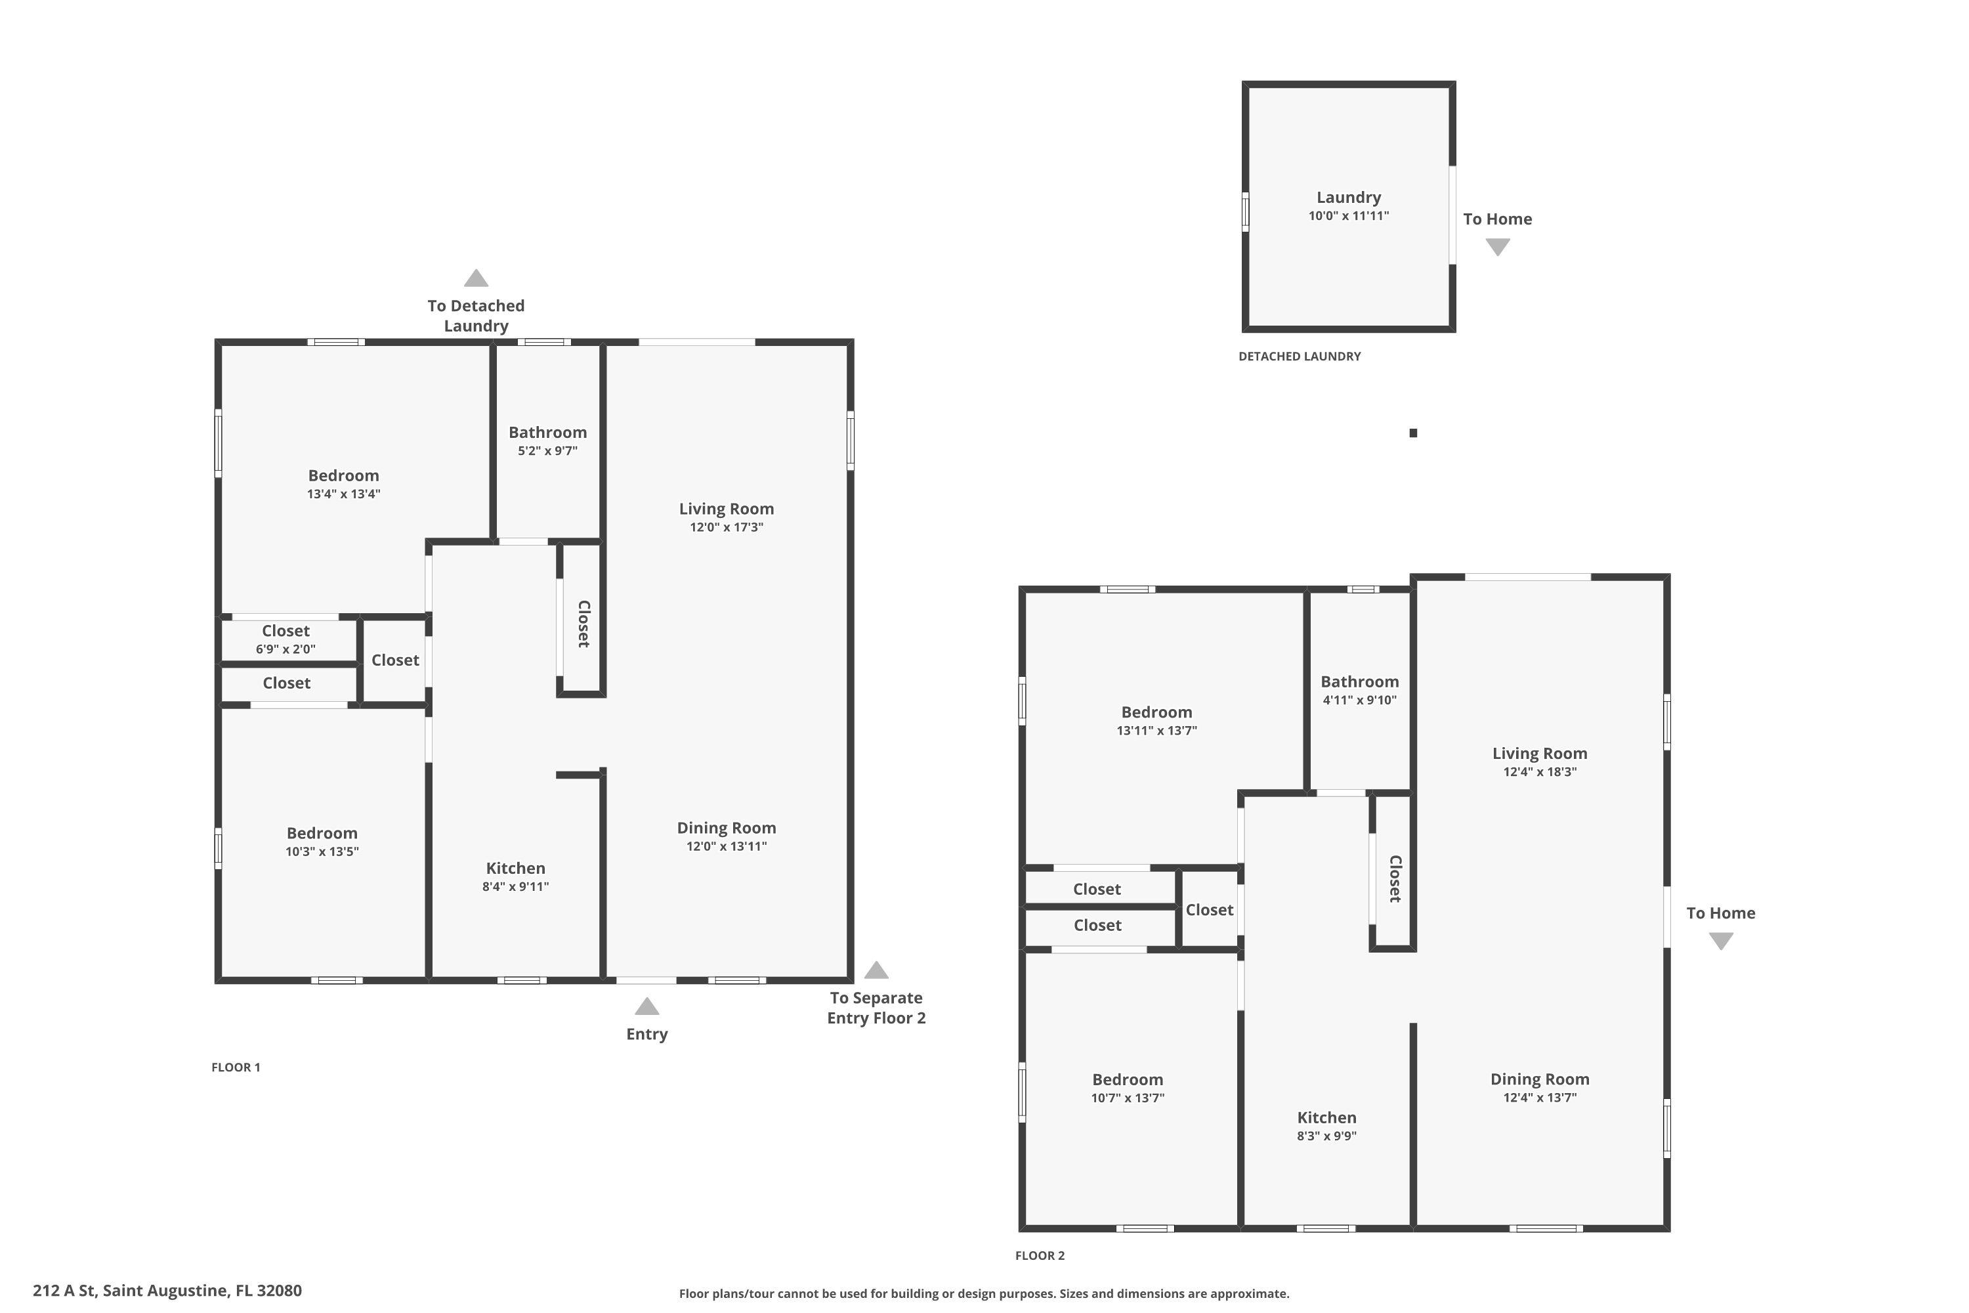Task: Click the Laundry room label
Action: [1348, 198]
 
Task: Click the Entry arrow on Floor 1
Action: [646, 1006]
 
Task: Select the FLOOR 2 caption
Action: [1040, 1255]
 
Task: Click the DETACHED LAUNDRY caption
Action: [1300, 356]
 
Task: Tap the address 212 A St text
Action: [64, 1291]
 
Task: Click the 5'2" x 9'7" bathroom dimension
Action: [547, 450]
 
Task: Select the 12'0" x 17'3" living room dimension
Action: [726, 527]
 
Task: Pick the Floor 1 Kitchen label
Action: [516, 869]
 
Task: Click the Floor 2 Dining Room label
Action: [1540, 1079]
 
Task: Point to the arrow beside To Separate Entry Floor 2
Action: [876, 970]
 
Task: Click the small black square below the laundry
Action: [1413, 433]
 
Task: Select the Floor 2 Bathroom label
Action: [1359, 681]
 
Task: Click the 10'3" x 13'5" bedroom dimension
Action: [322, 851]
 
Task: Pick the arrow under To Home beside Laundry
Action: [1497, 247]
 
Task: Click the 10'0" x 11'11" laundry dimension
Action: [1348, 215]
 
